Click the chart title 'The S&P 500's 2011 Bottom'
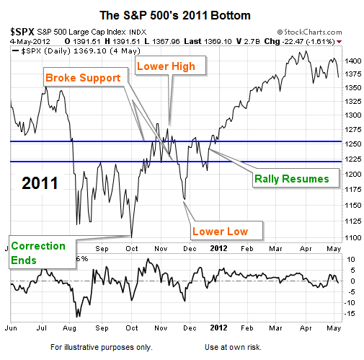coord(175,15)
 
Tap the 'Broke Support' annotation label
coord(83,78)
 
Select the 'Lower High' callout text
coord(166,66)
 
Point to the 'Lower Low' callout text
coord(220,232)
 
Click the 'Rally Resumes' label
coord(292,179)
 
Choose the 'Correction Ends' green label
coord(38,253)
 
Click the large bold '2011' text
coord(40,183)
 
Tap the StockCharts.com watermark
coord(309,32)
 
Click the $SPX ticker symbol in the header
coord(22,32)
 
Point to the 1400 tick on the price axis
coord(353,61)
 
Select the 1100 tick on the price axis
coord(353,237)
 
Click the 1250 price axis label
coord(353,144)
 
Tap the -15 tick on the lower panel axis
coord(350,313)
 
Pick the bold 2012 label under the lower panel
coord(218,328)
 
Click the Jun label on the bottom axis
coord(11,328)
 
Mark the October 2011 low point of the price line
coord(131,237)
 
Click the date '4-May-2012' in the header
coord(30,42)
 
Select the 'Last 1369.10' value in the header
coord(208,41)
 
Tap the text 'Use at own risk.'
coord(233,347)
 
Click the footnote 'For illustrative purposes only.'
coord(102,347)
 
